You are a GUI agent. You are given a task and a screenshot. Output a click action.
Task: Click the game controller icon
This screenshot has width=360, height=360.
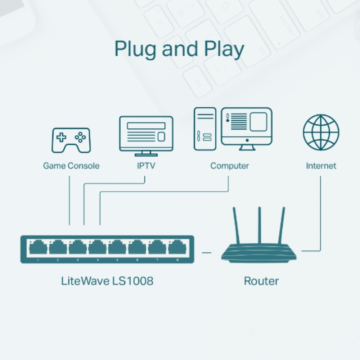(71, 140)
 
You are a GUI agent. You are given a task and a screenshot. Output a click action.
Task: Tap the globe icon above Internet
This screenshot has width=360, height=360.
(321, 132)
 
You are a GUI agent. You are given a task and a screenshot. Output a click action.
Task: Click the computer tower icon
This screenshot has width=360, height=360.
(205, 129)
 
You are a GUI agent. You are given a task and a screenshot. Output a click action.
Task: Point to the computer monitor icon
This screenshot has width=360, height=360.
(247, 127)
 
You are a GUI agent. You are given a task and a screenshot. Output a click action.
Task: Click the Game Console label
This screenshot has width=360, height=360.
(71, 166)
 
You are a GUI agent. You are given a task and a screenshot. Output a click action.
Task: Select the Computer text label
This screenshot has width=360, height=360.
(230, 166)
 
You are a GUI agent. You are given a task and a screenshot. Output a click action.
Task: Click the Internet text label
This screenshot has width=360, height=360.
(321, 166)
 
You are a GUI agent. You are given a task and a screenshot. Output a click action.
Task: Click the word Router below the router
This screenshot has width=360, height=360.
(261, 281)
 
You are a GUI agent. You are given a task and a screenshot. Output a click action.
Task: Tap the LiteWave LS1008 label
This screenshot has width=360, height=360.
(107, 281)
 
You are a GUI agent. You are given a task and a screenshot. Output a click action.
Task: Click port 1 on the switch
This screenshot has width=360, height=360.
(39, 248)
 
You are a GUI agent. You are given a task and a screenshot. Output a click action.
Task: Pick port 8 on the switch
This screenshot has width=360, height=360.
(176, 248)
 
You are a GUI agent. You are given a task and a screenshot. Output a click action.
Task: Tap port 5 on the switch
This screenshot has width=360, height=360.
(117, 248)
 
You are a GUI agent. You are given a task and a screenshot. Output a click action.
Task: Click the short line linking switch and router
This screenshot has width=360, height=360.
(207, 253)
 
